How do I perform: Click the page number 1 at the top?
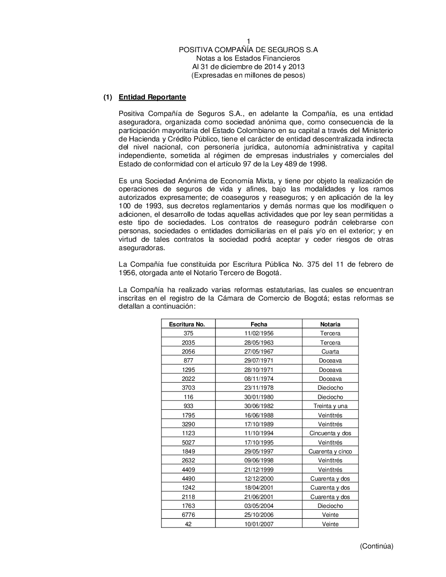click(248, 41)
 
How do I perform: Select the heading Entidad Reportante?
click(152, 97)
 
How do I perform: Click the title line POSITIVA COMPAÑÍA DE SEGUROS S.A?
click(248, 49)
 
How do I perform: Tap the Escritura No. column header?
click(187, 324)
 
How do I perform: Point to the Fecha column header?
click(259, 324)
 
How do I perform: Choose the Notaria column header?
click(330, 324)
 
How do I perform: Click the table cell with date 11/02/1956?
click(259, 334)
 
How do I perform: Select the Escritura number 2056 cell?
click(188, 351)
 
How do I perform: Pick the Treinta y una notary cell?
click(330, 406)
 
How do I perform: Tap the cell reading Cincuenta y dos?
click(330, 433)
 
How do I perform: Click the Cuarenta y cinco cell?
click(330, 451)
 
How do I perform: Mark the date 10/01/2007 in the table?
click(259, 524)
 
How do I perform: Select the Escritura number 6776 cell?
click(188, 515)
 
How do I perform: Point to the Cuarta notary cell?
click(330, 351)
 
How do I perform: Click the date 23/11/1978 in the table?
click(259, 387)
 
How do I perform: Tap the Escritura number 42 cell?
click(188, 524)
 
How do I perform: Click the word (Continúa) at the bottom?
click(376, 546)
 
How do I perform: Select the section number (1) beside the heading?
click(107, 97)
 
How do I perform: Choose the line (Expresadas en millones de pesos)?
click(248, 75)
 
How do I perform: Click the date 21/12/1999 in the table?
click(259, 470)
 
